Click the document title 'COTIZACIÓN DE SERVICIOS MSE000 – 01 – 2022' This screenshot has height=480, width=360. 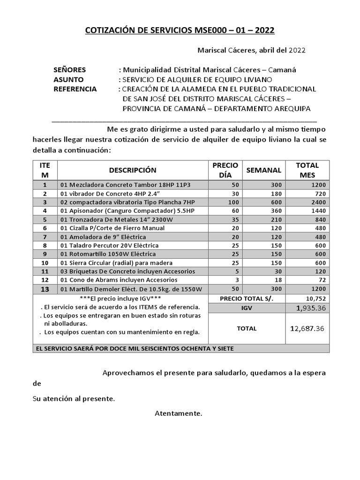coord(180,30)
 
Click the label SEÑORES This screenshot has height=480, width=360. coord(70,70)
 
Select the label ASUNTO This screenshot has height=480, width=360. coord(68,80)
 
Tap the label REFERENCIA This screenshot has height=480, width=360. coord(75,89)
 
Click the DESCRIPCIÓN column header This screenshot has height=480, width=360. coord(133,170)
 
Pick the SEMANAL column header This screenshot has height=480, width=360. coord(264,170)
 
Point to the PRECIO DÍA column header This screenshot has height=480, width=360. coord(225,170)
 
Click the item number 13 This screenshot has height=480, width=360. coord(45,289)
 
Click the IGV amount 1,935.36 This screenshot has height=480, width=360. coord(308,308)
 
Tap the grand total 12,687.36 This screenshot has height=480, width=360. coord(308,329)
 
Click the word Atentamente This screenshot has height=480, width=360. coord(179,413)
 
